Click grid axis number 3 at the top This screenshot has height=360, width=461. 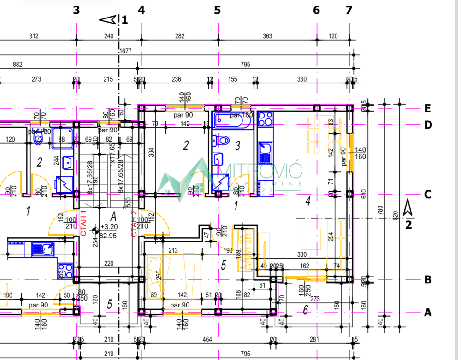point(77,10)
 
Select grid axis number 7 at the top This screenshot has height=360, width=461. point(349,10)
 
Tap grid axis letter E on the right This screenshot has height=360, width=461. point(427,108)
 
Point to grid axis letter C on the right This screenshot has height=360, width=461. point(427,195)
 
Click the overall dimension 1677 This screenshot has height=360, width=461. point(125,52)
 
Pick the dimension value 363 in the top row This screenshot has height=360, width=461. point(267,36)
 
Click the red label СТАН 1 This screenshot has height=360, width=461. point(83,223)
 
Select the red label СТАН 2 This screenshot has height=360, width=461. point(134,223)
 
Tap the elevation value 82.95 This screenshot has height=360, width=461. point(107,235)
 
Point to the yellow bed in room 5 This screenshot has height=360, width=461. point(173,277)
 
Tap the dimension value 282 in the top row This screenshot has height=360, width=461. point(179,36)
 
